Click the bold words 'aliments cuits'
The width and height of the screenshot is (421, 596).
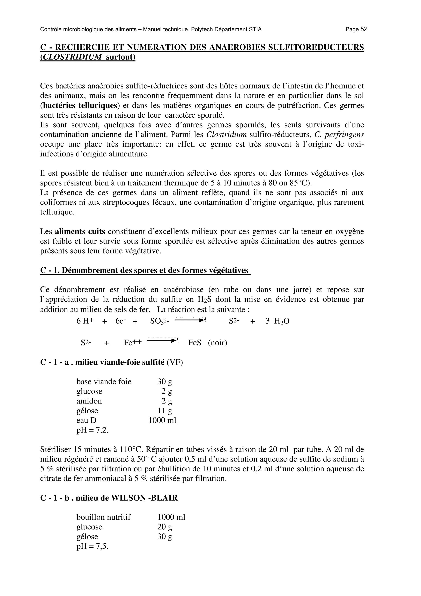point(80,232)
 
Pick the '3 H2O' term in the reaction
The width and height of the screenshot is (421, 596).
point(278,321)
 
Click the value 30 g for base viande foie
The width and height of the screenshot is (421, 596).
point(165,381)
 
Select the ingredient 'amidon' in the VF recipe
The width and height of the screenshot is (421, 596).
point(89,401)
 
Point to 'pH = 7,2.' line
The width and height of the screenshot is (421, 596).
point(92,430)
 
